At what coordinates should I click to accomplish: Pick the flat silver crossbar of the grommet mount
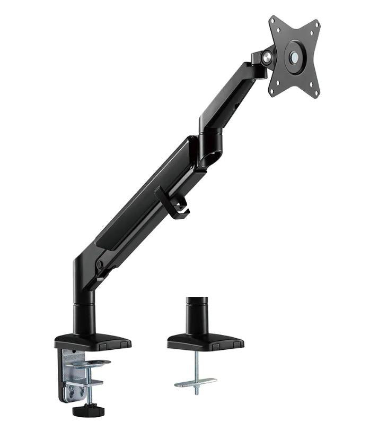195,382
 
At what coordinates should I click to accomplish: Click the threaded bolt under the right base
196,366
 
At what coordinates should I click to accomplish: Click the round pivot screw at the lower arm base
99,264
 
